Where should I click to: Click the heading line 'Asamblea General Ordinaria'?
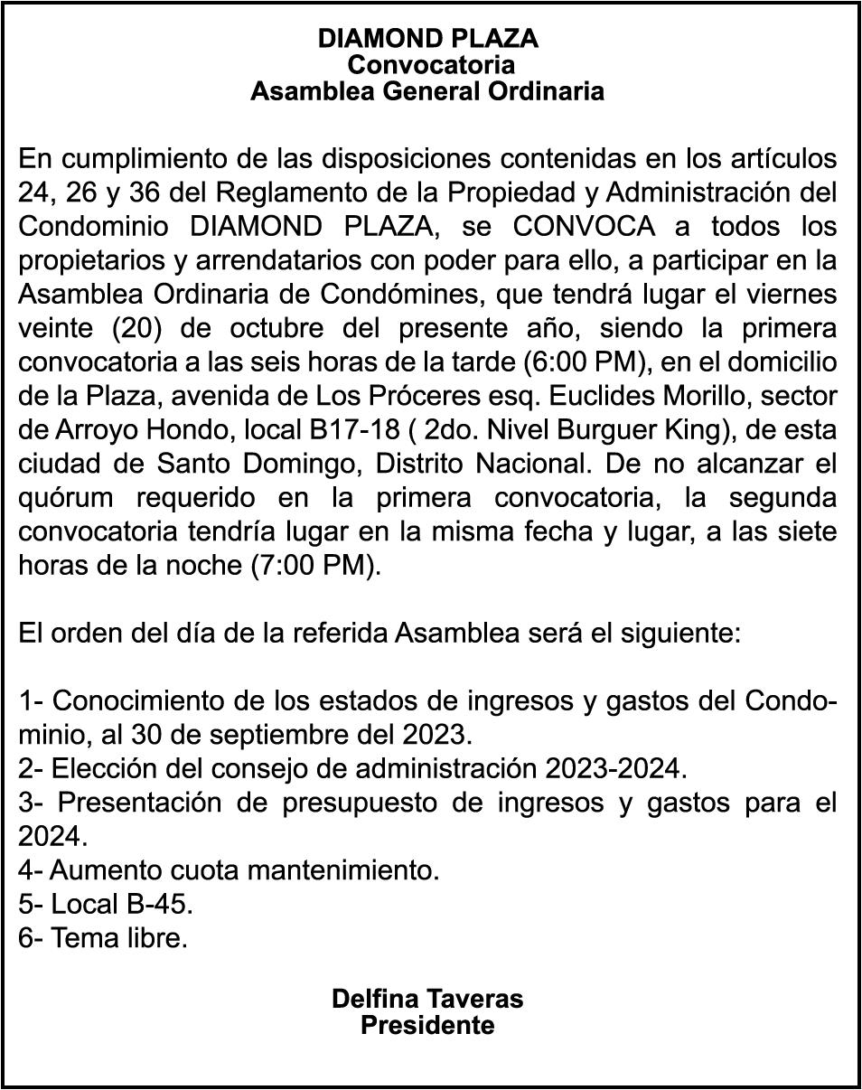tap(427, 91)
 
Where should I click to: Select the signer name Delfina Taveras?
tap(427, 999)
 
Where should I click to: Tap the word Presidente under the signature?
tap(427, 1026)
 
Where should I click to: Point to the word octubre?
tap(272, 328)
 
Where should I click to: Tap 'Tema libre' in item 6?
tap(118, 938)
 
